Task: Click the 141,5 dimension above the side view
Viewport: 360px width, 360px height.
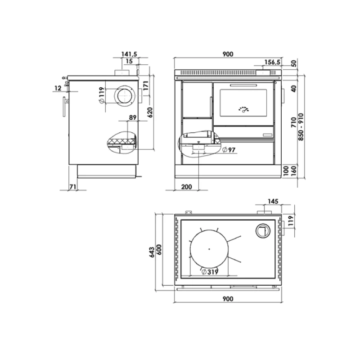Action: point(129,54)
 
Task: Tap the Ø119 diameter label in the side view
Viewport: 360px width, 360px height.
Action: point(101,95)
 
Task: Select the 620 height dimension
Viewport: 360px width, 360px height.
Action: point(150,112)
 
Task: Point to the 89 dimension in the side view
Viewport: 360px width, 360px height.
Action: point(133,117)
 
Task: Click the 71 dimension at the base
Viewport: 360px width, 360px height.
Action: point(73,187)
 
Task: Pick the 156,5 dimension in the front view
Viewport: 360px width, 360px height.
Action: point(272,62)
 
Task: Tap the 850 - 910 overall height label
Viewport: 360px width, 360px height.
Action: point(301,127)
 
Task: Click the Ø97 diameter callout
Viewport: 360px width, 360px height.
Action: point(229,150)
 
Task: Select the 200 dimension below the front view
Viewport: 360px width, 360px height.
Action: point(186,187)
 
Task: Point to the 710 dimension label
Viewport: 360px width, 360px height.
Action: point(294,122)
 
